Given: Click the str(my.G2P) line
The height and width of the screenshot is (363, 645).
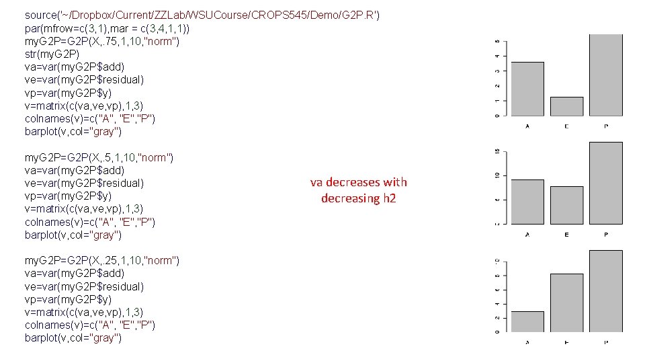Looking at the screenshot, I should [x=52, y=54].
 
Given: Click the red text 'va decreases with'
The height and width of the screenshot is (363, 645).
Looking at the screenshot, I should [x=358, y=182].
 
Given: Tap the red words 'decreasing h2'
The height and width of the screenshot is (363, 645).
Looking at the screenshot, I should [x=358, y=198].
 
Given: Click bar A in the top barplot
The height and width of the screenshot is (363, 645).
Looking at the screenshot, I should [x=527, y=89].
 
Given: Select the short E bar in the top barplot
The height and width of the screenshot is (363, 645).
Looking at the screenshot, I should [x=566, y=106].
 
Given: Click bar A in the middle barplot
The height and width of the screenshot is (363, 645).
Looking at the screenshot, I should [x=527, y=202].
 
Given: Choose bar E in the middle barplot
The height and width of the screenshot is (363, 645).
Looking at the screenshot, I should [x=566, y=205].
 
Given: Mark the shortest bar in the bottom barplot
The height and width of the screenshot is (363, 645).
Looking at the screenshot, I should [x=527, y=322].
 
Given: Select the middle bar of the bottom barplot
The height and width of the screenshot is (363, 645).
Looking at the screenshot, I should [x=566, y=303].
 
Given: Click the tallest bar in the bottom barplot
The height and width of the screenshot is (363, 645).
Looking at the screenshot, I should [x=605, y=292].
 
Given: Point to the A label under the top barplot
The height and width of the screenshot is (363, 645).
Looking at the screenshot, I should [x=527, y=126].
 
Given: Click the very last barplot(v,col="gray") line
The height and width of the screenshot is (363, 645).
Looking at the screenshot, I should [x=73, y=338].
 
